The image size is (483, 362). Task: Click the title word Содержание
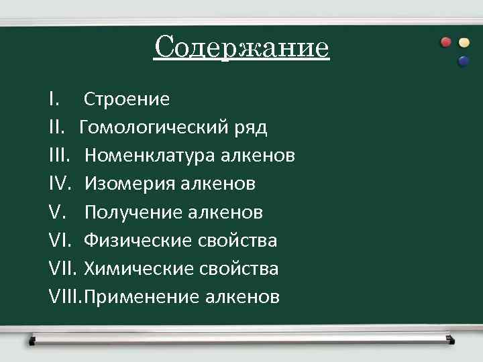click(x=241, y=48)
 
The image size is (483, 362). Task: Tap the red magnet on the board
click(x=446, y=42)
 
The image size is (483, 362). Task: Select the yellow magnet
click(x=464, y=42)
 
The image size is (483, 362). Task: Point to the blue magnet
click(x=463, y=62)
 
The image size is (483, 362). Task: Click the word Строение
click(x=127, y=100)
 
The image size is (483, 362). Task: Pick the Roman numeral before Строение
click(x=54, y=100)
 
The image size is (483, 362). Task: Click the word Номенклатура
click(x=150, y=156)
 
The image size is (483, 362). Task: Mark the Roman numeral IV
click(x=60, y=184)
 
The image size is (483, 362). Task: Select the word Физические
click(x=139, y=241)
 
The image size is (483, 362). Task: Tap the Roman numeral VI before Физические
click(x=60, y=241)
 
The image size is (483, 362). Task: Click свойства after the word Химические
click(x=239, y=269)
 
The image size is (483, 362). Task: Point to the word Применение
click(x=142, y=297)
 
